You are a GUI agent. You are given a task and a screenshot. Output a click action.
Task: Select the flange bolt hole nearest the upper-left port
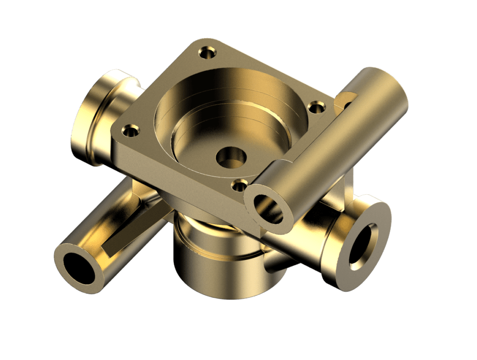coord(130,131)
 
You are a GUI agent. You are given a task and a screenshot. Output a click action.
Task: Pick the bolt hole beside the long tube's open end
coord(239,186)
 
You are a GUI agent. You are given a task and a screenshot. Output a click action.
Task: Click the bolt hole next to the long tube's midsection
coord(317,108)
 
